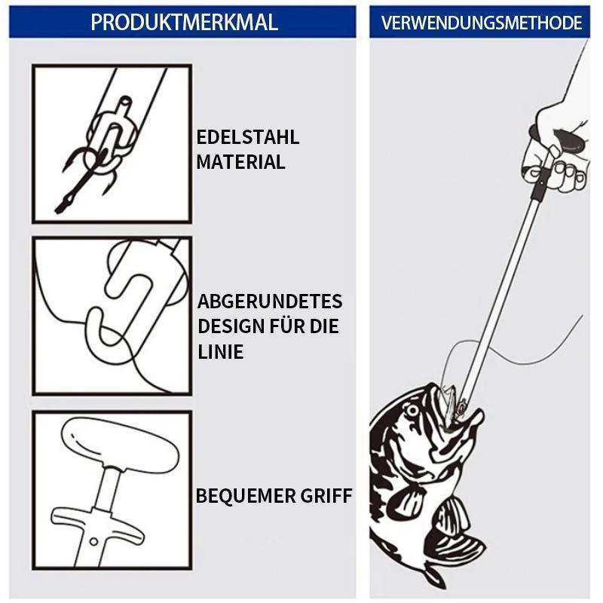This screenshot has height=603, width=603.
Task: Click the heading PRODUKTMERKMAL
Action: [x=184, y=23]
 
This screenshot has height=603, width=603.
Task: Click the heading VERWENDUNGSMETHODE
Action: [x=481, y=23]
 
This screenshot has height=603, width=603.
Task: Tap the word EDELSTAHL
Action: [x=248, y=137]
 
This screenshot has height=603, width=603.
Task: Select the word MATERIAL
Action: [x=240, y=161]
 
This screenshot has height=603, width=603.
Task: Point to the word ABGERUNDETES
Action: [x=270, y=301]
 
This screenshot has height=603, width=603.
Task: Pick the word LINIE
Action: [x=220, y=351]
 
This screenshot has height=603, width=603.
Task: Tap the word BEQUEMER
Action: [x=246, y=496]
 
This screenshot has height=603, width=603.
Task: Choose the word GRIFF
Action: [x=326, y=496]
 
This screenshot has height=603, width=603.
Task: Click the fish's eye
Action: [x=412, y=410]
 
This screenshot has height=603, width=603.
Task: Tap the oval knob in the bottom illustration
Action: [x=120, y=445]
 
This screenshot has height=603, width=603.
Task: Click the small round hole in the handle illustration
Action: [x=93, y=541]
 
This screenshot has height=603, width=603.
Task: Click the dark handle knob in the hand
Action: [x=569, y=142]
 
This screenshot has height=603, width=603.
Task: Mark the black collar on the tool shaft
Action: [x=540, y=184]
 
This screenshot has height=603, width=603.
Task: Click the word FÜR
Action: [x=286, y=326]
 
